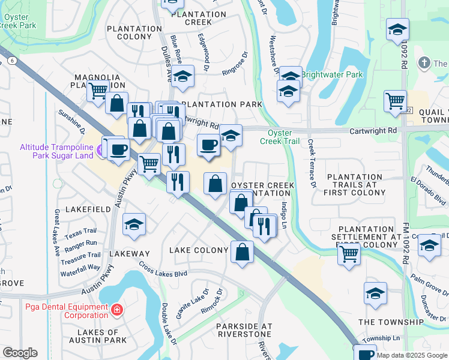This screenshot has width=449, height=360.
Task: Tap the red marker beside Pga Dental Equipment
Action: pyautogui.click(x=118, y=310)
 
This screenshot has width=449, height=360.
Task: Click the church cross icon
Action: pyautogui.click(x=424, y=63)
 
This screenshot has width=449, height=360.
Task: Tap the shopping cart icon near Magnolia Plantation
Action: pyautogui.click(x=97, y=91)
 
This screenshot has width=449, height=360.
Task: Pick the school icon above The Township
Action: pyautogui.click(x=375, y=293)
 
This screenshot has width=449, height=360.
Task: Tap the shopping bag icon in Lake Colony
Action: pyautogui.click(x=242, y=251)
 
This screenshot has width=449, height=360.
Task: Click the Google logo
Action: pyautogui.click(x=20, y=353)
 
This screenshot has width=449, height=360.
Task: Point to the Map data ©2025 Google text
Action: pyautogui.click(x=412, y=355)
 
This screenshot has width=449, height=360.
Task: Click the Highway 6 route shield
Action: pyautogui.click(x=12, y=61)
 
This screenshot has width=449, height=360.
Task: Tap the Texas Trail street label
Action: pyautogui.click(x=80, y=231)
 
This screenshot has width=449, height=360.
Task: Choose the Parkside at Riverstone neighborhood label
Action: pyautogui.click(x=244, y=331)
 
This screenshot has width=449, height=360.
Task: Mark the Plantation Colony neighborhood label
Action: pyautogui.click(x=130, y=32)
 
